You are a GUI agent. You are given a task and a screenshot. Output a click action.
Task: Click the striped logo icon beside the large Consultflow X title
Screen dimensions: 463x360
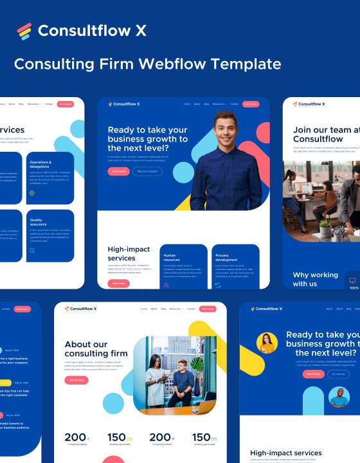24,31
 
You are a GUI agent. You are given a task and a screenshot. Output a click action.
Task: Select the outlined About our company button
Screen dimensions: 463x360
147,172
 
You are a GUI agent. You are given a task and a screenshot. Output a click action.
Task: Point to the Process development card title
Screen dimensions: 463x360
226,257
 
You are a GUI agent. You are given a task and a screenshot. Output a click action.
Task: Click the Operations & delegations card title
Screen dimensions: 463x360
40,164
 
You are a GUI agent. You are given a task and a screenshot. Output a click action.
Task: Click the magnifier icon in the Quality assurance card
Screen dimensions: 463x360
32,250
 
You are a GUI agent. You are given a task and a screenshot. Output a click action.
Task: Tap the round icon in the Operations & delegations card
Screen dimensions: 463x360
32,193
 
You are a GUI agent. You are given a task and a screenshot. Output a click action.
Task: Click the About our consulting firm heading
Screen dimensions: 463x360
86,349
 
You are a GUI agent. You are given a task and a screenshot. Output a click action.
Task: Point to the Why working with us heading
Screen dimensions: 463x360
316,279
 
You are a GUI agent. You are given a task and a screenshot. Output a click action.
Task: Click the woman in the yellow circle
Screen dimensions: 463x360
267,343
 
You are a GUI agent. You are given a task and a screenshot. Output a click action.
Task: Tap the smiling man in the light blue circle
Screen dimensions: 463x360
339,397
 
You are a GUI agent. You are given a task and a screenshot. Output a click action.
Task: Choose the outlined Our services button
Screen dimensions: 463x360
338,374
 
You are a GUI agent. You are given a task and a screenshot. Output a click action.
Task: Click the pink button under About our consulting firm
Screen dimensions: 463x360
76,380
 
